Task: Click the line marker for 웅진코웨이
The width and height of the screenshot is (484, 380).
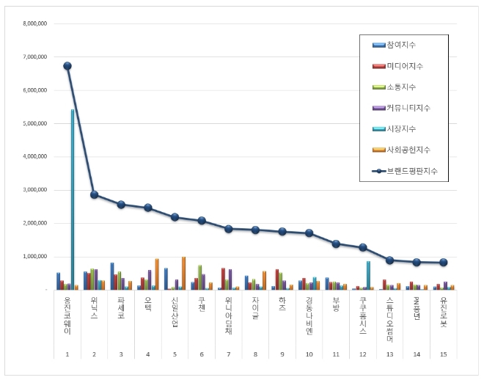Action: (x=67, y=65)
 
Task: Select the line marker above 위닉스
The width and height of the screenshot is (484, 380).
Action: (x=94, y=194)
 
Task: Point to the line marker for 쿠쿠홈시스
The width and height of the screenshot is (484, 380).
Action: (x=362, y=247)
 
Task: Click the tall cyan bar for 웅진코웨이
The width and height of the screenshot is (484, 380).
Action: (x=73, y=198)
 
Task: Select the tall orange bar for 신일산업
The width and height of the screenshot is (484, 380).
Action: (x=183, y=273)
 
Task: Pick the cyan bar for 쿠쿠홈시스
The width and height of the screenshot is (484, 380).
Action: (x=367, y=275)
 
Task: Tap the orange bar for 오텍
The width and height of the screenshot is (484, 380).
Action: (x=156, y=274)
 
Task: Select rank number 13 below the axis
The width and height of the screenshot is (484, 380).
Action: (x=389, y=354)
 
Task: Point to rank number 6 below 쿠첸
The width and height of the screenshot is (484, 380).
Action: (x=201, y=354)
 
